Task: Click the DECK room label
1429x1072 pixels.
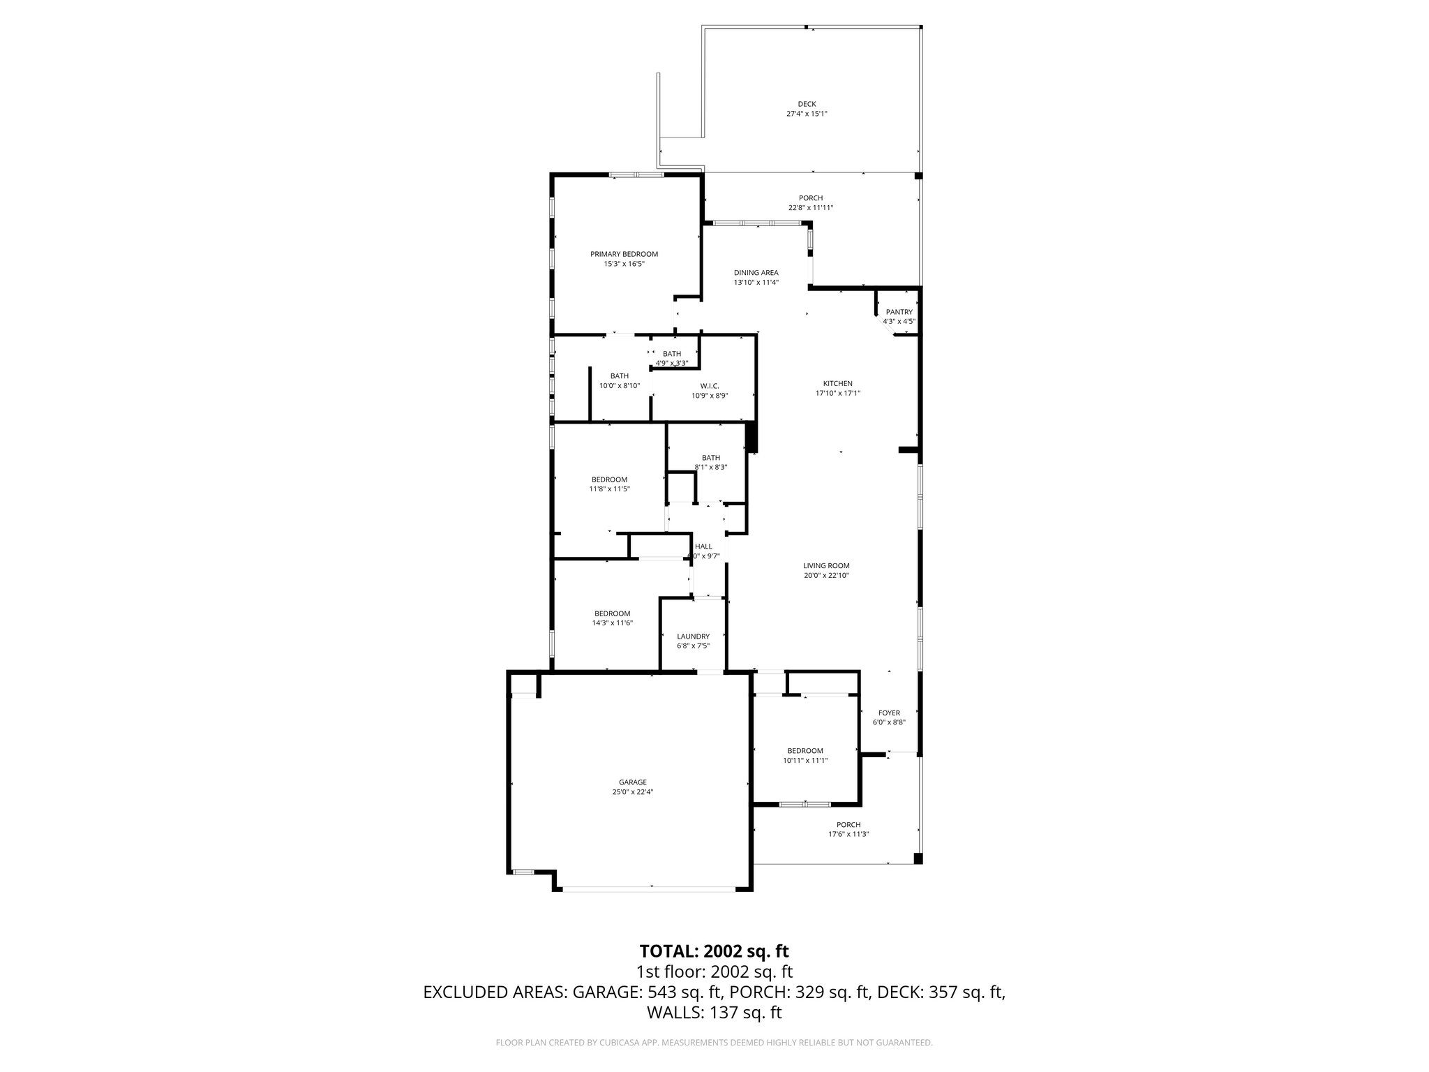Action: (807, 104)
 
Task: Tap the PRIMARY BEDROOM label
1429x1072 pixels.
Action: (624, 254)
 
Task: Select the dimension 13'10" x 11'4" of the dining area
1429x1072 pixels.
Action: (756, 283)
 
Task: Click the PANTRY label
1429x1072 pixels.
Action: (899, 312)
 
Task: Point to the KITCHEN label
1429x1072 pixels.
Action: (837, 383)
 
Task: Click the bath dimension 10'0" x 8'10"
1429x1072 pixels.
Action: (620, 385)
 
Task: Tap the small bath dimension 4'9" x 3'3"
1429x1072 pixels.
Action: (672, 363)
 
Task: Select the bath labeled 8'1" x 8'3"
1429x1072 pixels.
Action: (711, 467)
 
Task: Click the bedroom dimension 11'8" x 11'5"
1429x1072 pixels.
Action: (609, 489)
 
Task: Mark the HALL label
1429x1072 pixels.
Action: (703, 546)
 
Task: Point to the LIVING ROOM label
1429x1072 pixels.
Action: (826, 566)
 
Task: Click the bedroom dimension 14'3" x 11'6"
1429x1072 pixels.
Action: (612, 623)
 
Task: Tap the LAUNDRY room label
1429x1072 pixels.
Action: (693, 636)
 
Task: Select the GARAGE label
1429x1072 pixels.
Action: (632, 782)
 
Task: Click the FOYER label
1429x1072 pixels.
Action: (889, 713)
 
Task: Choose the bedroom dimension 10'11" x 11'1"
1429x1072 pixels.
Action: (805, 761)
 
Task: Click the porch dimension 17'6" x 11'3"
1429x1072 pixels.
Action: (848, 834)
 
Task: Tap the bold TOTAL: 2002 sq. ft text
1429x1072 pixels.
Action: (714, 951)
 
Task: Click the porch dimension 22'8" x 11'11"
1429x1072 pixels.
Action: (811, 208)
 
